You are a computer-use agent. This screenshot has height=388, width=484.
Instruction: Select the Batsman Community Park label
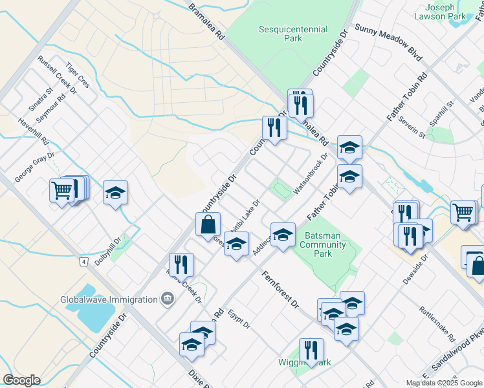click(x=324, y=244)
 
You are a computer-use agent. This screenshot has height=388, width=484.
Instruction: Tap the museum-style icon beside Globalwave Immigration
click(x=168, y=299)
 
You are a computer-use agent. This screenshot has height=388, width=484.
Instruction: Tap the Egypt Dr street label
click(x=239, y=319)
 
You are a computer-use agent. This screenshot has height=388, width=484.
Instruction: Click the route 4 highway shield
click(x=84, y=261)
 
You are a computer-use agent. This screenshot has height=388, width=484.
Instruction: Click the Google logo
click(x=21, y=380)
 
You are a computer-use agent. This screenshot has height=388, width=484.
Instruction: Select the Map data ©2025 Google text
click(x=445, y=383)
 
